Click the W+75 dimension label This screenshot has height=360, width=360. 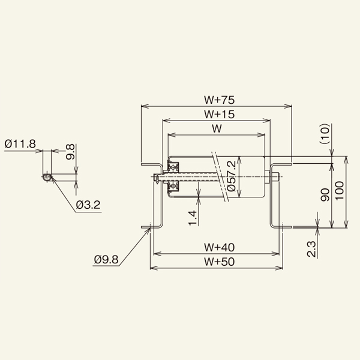(x=218, y=100)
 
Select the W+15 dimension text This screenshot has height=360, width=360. (x=218, y=114)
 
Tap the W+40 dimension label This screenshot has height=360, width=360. (x=218, y=246)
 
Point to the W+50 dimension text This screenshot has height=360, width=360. (x=218, y=260)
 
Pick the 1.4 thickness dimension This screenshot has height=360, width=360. (x=192, y=218)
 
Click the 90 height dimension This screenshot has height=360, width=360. (x=325, y=194)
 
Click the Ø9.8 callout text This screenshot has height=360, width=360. (x=107, y=260)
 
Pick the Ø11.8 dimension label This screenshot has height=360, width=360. (x=20, y=143)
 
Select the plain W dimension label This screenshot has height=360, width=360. (x=218, y=128)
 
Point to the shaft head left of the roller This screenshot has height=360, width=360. (x=157, y=178)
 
